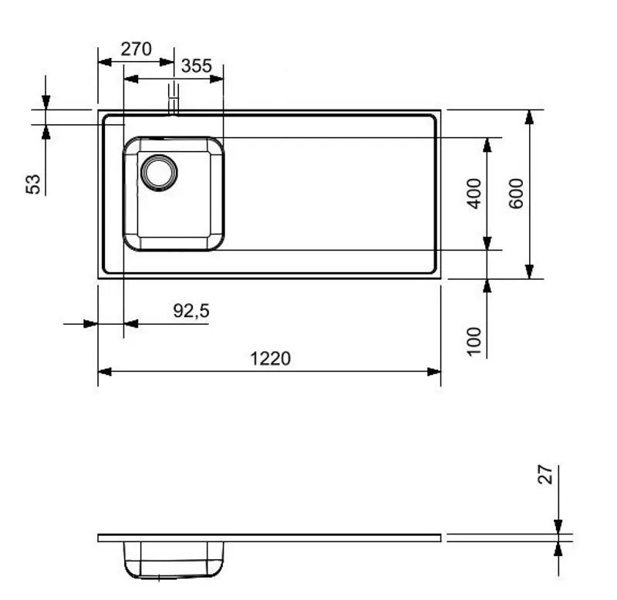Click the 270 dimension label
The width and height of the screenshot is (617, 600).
[136, 49]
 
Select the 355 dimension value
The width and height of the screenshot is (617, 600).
[196, 66]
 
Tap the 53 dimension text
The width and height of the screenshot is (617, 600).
[34, 184]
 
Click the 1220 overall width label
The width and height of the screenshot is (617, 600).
[270, 359]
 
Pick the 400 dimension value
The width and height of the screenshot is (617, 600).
[474, 193]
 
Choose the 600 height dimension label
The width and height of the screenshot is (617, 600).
[516, 193]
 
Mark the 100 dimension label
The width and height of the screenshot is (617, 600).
[474, 341]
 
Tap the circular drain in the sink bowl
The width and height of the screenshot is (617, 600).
[159, 171]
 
